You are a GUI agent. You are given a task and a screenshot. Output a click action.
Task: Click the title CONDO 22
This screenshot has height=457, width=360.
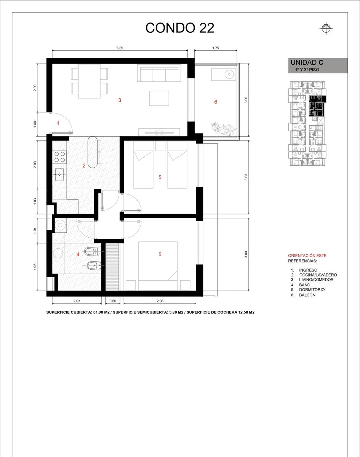pos(179,28)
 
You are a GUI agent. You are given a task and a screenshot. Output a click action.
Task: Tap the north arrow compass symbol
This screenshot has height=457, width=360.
pos(326,29)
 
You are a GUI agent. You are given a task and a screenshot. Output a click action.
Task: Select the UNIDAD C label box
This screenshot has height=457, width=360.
pos(318,66)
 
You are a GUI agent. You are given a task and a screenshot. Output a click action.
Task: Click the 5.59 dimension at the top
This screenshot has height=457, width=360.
pos(120,48)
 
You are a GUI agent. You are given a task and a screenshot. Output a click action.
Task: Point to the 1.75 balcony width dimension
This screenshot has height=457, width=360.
pos(216,48)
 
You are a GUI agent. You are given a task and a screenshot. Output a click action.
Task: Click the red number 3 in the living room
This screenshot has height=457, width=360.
pos(120,100)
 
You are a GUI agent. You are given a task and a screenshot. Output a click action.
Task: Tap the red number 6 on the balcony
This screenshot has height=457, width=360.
pos(216,102)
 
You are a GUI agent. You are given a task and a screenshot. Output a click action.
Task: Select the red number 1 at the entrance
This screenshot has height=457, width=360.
pos(58,123)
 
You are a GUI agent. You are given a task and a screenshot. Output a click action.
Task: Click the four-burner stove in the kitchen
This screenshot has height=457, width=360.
pos(59,157)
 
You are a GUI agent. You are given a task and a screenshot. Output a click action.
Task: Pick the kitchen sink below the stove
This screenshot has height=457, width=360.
pos(59,174)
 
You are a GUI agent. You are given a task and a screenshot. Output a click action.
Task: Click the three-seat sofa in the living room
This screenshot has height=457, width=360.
pos(159,73)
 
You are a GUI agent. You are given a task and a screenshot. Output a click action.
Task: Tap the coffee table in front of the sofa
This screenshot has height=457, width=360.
pos(159,98)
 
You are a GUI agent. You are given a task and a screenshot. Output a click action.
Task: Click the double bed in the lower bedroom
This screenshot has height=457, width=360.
pos(158,266)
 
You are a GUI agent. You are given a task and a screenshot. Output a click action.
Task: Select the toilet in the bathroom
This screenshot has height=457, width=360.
pos(93,251)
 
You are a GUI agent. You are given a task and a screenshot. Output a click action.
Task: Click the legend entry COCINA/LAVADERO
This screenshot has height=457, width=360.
pos(318,275)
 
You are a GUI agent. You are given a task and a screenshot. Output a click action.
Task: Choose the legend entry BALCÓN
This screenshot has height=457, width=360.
pos(307,295)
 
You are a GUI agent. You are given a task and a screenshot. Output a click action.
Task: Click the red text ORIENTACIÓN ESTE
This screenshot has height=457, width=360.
pos(307,256)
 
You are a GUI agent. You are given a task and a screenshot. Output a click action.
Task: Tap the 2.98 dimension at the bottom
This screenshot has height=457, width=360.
pos(160,301)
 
